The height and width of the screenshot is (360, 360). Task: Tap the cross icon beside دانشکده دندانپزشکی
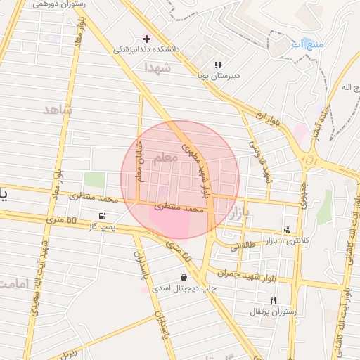point(146,38)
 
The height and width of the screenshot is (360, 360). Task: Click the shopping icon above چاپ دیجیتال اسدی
point(184,277)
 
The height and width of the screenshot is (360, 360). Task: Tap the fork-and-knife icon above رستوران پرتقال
point(264,300)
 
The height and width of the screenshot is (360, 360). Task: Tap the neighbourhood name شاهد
point(58,110)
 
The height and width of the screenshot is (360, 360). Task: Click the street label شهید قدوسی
point(259,162)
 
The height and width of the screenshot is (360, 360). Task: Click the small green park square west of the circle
point(94,179)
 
